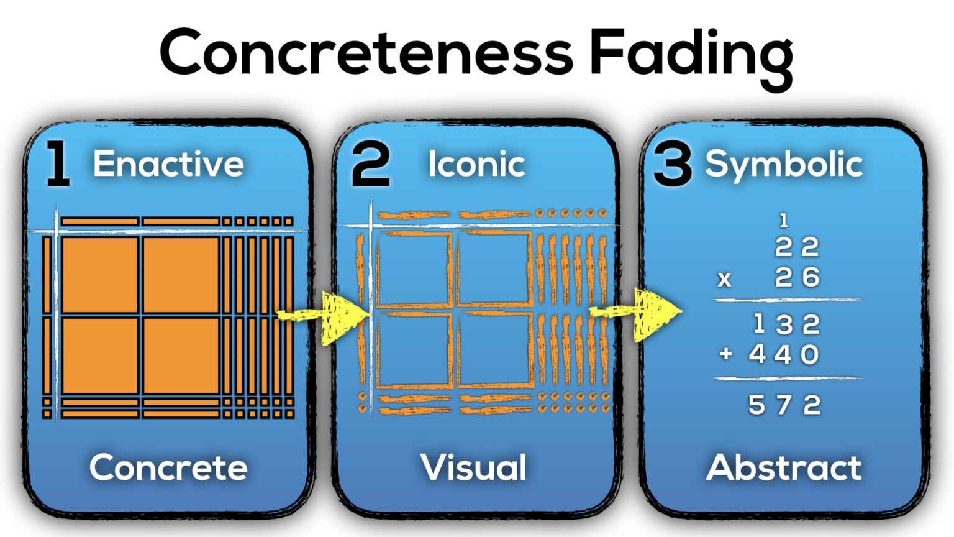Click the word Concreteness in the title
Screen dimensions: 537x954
(x=366, y=52)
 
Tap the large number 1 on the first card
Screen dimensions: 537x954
(x=58, y=164)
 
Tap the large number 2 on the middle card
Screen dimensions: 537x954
(x=371, y=164)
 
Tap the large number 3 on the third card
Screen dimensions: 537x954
(x=672, y=165)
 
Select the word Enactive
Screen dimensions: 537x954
(x=168, y=164)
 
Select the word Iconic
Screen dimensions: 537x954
(x=476, y=164)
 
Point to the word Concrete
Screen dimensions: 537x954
(x=168, y=467)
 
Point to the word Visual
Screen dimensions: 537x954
(x=474, y=467)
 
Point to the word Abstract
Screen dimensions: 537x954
(x=784, y=467)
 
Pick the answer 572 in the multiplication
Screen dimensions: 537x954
(x=784, y=405)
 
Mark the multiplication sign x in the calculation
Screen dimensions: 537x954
(x=724, y=279)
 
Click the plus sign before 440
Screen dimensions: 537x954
(x=725, y=354)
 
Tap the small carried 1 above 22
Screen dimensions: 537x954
(x=783, y=220)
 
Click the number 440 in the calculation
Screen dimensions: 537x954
(x=784, y=355)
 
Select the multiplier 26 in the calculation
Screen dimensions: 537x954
(x=797, y=277)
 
